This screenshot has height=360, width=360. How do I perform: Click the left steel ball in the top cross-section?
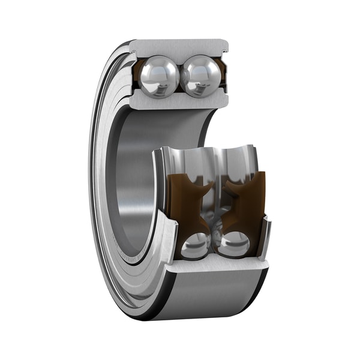coord(159,77)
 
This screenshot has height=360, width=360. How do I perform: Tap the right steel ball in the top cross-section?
coord(200,77)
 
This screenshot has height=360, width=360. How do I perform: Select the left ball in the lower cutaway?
coord(196,245)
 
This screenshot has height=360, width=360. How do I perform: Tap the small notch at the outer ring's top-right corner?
coord(226,43)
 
